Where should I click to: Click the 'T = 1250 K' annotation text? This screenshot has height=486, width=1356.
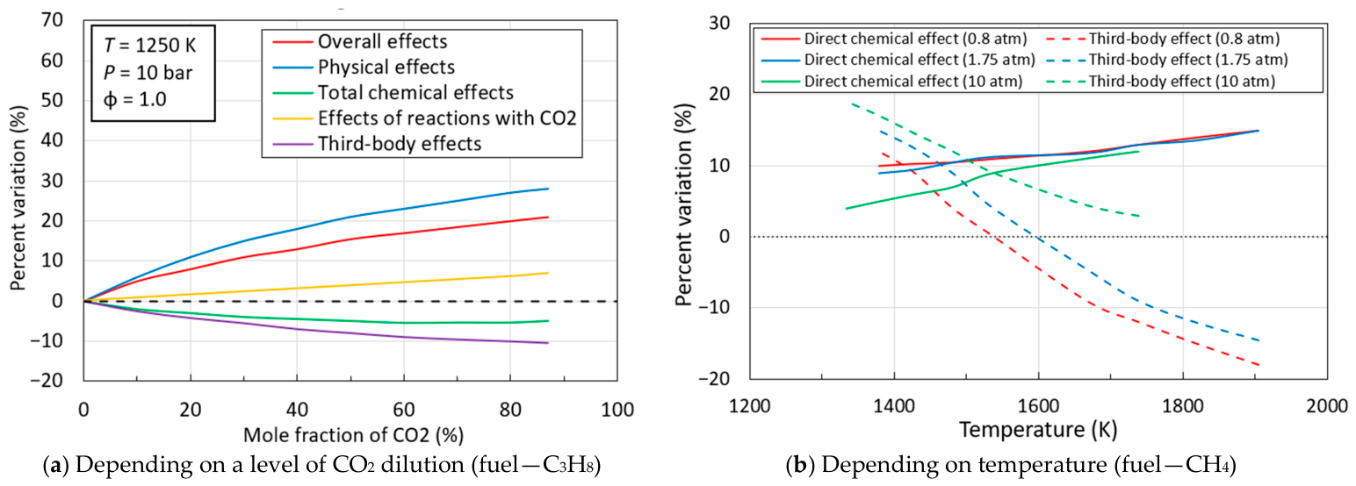pyautogui.click(x=149, y=46)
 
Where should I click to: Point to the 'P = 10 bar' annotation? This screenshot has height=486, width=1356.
pyautogui.click(x=148, y=73)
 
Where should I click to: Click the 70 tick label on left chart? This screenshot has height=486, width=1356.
pyautogui.click(x=52, y=20)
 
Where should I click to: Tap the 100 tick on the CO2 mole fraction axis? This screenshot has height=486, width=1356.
pyautogui.click(x=617, y=410)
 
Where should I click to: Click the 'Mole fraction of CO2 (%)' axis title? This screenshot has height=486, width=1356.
pyautogui.click(x=354, y=435)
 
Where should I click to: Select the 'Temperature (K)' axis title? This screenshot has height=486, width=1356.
pyautogui.click(x=1038, y=430)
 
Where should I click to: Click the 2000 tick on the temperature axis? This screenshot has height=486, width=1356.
pyautogui.click(x=1327, y=405)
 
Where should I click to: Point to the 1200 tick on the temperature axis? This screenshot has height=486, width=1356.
pyautogui.click(x=749, y=405)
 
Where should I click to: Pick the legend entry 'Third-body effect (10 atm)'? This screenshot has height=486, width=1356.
pyautogui.click(x=1181, y=81)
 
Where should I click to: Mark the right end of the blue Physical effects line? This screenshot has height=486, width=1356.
pyautogui.click(x=548, y=189)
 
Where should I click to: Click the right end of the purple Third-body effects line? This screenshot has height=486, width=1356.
pyautogui.click(x=548, y=343)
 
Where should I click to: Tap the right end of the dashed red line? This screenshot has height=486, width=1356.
pyautogui.click(x=1259, y=365)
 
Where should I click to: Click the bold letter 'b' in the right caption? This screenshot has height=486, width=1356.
pyautogui.click(x=797, y=466)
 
